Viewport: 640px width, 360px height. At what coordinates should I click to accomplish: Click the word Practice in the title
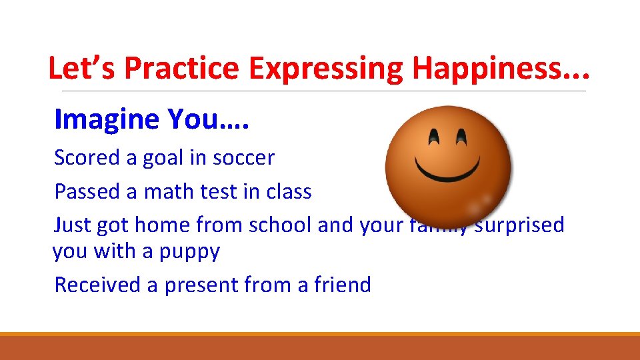pos(181,69)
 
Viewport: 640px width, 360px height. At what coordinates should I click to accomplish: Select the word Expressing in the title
pos(327,69)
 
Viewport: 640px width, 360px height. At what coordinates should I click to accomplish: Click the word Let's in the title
pos(83,69)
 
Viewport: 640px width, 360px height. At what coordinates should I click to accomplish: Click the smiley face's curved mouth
pos(448,167)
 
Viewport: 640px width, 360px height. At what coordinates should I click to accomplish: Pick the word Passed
pos(88,192)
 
